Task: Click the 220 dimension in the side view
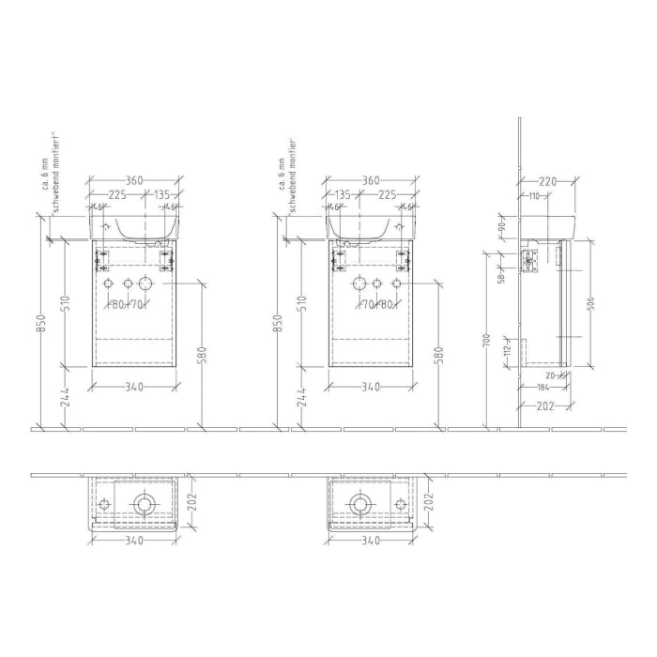pos(547,180)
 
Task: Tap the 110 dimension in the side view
pos(533,196)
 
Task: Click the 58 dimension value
pos(503,277)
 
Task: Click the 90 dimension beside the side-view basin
pos(503,225)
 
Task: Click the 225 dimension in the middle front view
pos(386,196)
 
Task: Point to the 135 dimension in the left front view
pos(160,196)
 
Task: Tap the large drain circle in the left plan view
pos(144,505)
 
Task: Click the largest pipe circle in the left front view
pos(145,283)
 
